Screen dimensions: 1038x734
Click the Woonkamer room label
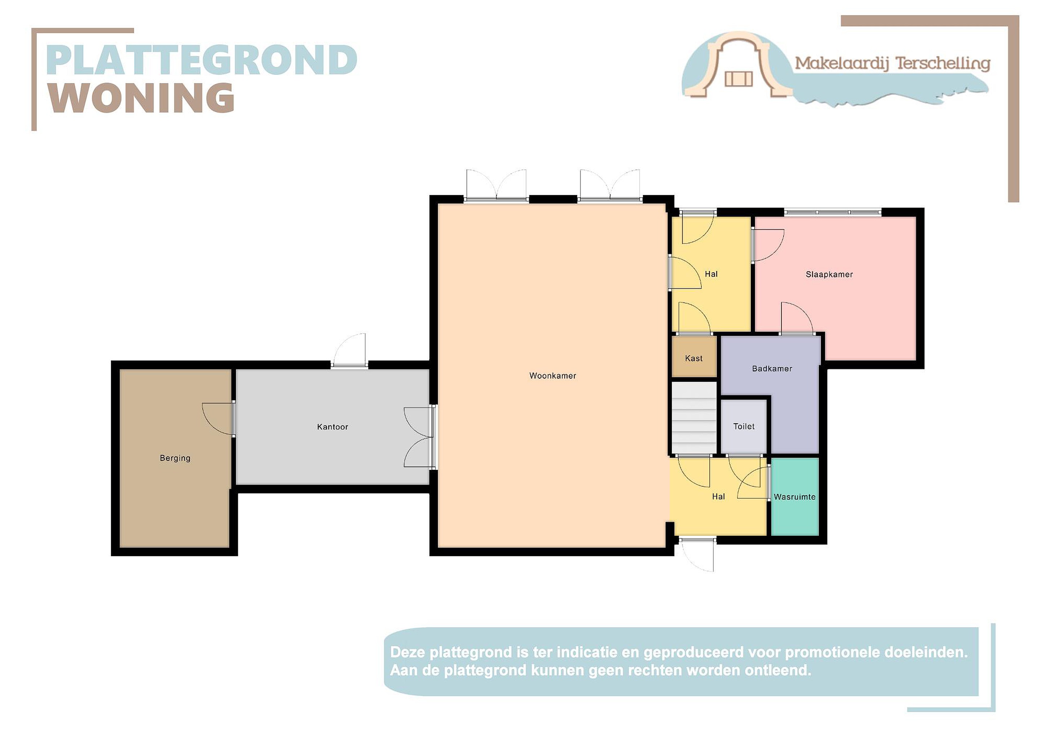click(x=553, y=376)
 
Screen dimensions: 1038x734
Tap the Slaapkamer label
click(x=829, y=274)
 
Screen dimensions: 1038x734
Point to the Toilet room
click(x=744, y=426)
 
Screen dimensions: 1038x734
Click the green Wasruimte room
click(x=795, y=496)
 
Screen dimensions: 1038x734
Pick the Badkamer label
click(x=772, y=368)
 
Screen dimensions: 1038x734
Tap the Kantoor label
click(x=332, y=427)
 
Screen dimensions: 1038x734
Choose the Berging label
click(x=175, y=458)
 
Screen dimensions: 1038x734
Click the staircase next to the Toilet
click(x=694, y=418)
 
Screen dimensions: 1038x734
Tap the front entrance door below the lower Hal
click(x=697, y=554)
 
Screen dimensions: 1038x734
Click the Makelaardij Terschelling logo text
click(x=892, y=63)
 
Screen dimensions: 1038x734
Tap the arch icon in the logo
click(x=739, y=64)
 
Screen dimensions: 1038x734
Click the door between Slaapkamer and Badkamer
click(x=797, y=318)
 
